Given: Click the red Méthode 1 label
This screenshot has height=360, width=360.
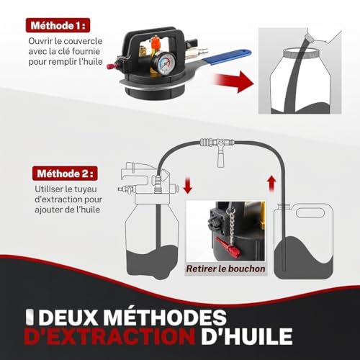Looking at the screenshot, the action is tap(58, 25).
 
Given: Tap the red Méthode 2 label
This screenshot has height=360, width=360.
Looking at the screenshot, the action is tap(65, 174).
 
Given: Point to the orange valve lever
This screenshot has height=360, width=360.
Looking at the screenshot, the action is tap(156, 42).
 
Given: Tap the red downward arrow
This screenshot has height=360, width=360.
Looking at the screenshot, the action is tap(187, 185).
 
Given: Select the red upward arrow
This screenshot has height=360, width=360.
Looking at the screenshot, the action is tap(271, 184).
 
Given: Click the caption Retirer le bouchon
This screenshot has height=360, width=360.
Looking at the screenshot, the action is tap(225, 269).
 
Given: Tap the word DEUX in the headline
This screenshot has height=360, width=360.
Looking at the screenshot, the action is tap(69, 318).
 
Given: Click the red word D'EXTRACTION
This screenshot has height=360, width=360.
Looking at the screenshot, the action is tap(109, 336).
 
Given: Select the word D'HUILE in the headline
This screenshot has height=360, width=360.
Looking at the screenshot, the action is tap(247, 336).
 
